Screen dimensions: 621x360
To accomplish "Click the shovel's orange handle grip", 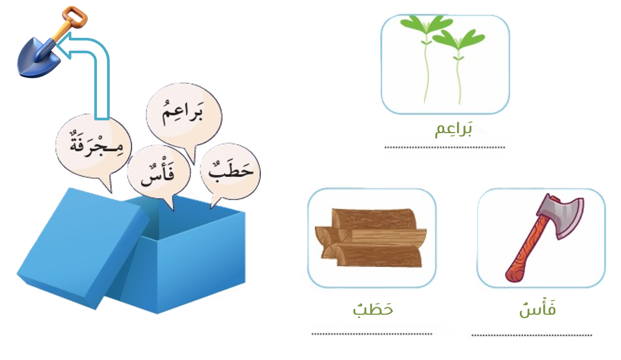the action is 75,17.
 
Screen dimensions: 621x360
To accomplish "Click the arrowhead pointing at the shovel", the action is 64,45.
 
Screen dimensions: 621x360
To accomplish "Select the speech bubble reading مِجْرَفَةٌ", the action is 94,149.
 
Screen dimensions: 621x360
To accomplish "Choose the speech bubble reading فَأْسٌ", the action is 159,174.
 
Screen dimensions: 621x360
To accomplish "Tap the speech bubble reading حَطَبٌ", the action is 231,171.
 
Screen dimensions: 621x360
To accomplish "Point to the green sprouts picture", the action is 445,64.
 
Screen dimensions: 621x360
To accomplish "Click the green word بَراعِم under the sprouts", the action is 453,129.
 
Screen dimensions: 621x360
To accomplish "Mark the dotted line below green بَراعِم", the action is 445,148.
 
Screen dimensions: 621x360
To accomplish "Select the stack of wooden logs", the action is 371,237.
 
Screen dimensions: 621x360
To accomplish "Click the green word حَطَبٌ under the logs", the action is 373,309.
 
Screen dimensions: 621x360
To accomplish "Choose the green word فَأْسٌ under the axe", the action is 537,309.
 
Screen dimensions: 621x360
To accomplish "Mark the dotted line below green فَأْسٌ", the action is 532,336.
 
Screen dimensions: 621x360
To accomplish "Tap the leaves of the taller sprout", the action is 426,24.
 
